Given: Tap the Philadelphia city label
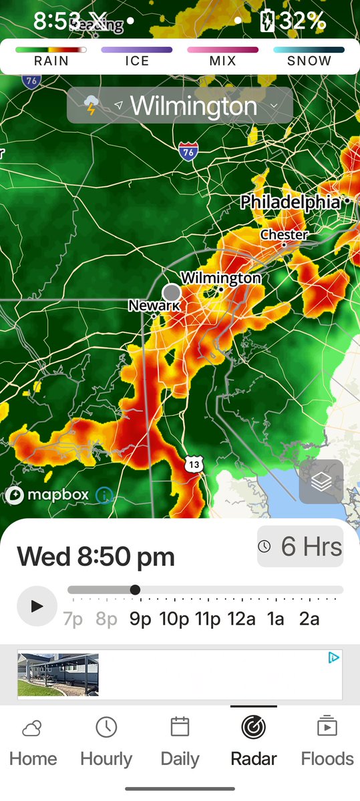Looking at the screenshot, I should coord(291,202).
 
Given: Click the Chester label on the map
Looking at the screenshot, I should coord(285,235).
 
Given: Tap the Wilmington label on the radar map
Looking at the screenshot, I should coord(221,278).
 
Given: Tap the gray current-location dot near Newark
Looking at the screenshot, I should coord(172,292).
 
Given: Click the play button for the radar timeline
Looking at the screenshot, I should coord(37,606).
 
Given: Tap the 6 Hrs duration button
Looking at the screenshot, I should coord(300,547).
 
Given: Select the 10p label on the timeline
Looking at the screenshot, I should coord(174,619).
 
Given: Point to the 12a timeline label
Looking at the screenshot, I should coord(241,619).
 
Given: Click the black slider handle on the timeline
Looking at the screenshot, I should coord(135,590).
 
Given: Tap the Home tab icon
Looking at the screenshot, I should coord(33,728).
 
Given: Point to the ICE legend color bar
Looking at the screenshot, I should coord(136,49).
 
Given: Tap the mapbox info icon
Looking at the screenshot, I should coord(105,495).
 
